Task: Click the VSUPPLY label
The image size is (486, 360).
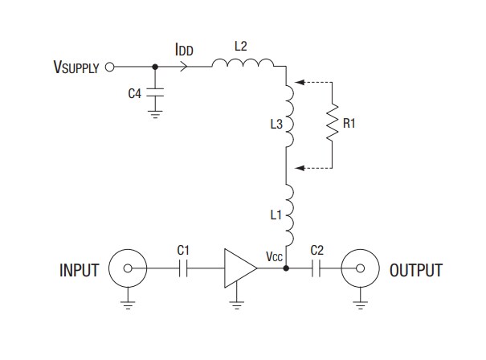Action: coord(71,68)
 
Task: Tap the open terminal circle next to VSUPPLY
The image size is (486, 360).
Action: coord(111,67)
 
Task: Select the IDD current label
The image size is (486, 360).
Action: coord(184,50)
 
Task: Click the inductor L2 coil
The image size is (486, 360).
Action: coord(243,64)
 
